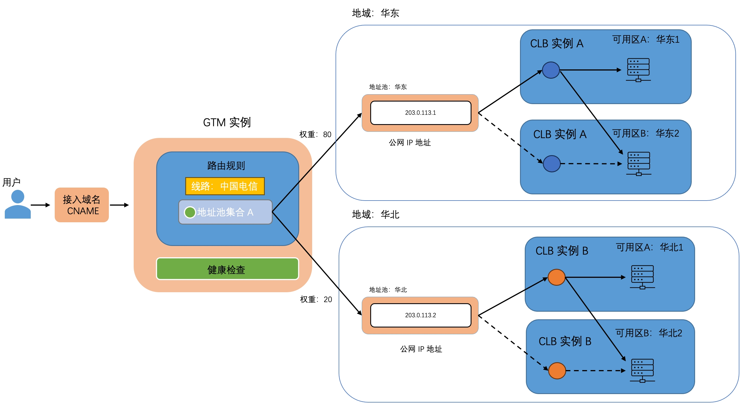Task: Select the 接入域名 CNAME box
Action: (81, 205)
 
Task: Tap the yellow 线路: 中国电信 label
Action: (225, 186)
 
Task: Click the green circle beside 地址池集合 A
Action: (190, 212)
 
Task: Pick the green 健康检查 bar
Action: (227, 269)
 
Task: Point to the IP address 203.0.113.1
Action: (420, 113)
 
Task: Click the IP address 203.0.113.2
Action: (420, 315)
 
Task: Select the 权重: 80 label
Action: (315, 134)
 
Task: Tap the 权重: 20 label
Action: (316, 299)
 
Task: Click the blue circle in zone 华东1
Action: (551, 70)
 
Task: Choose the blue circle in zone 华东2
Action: (552, 164)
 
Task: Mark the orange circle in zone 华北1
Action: (556, 277)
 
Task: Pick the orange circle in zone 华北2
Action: (557, 371)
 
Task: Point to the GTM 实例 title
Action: (227, 122)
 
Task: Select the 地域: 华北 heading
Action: (375, 214)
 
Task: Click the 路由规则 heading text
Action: (226, 166)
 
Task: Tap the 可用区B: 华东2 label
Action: (645, 133)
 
